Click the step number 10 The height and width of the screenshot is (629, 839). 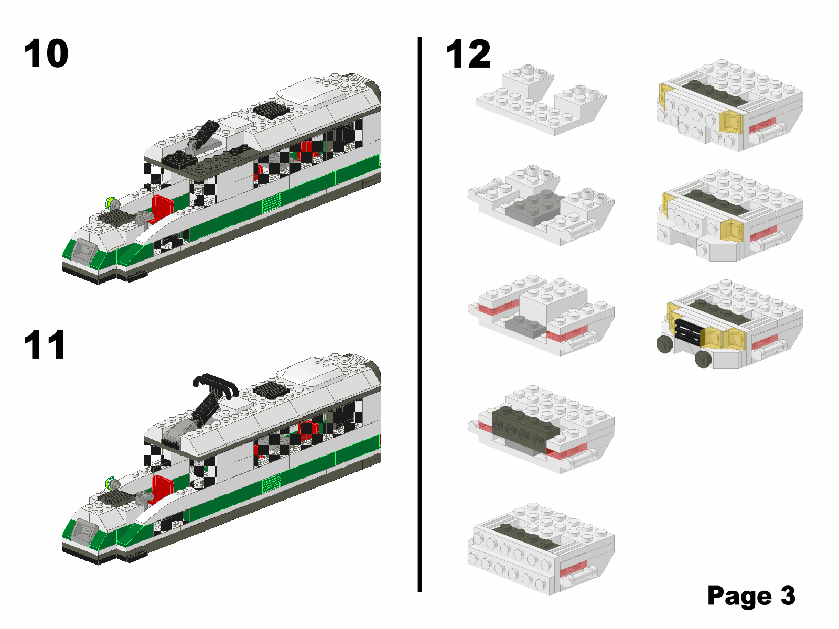click(x=46, y=53)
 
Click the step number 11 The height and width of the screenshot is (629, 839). click(x=45, y=345)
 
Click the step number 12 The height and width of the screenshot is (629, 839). click(x=468, y=54)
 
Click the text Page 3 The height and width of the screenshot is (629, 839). click(x=751, y=595)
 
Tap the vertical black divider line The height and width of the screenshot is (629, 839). click(x=419, y=314)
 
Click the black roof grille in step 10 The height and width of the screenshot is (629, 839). click(x=272, y=110)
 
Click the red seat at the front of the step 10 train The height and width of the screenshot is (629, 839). click(x=162, y=209)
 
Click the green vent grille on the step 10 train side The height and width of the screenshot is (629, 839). click(x=272, y=203)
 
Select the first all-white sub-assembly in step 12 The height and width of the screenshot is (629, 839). click(x=541, y=100)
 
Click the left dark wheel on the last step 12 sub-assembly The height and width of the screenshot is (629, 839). click(x=665, y=344)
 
